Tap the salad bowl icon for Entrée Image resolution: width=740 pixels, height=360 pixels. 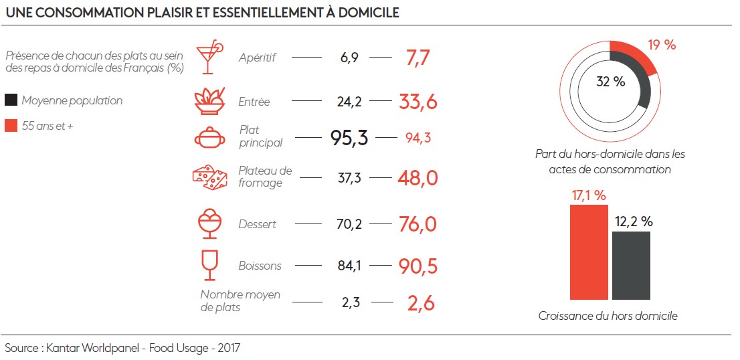(x=209, y=101)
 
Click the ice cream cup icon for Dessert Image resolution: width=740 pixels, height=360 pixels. (x=209, y=223)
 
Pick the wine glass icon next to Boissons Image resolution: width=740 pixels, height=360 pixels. (x=209, y=265)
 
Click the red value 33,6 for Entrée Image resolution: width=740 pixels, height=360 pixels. (x=418, y=102)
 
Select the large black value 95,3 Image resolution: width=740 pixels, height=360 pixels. (x=349, y=138)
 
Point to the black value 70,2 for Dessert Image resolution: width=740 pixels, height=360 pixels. (x=349, y=224)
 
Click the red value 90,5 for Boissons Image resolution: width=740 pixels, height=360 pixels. (x=418, y=266)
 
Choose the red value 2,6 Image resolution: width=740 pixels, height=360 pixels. (x=421, y=303)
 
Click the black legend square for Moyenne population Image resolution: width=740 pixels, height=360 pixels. (x=11, y=100)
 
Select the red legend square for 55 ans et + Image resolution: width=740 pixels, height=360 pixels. (x=11, y=125)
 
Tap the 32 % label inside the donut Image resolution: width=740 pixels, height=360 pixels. (x=610, y=82)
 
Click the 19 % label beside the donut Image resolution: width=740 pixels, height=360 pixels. (x=662, y=46)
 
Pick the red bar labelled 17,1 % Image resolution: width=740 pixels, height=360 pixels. (x=589, y=252)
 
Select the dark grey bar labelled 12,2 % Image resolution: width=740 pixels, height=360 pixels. (x=631, y=266)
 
